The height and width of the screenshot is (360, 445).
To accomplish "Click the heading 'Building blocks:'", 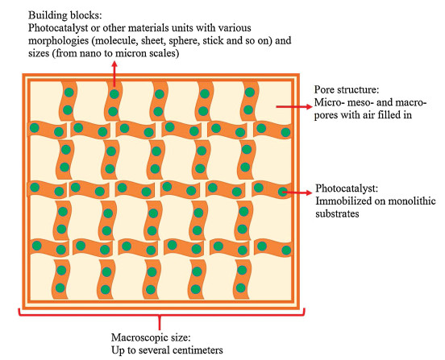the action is click(65, 15).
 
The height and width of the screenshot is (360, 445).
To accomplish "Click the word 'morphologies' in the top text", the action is click(59, 40).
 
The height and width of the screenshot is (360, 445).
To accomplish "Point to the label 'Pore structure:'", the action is click(346, 89).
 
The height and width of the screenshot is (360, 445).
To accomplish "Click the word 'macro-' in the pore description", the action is click(410, 102).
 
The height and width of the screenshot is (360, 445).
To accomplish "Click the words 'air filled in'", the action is click(386, 115).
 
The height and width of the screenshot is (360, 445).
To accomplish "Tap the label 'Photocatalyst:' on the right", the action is click(347, 188).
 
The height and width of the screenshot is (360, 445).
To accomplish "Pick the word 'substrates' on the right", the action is click(337, 213).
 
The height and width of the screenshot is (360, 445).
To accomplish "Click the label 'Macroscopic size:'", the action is click(151, 337).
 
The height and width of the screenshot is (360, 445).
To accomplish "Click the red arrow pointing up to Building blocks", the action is click(114, 74).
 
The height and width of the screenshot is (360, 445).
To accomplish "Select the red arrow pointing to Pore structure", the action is click(294, 106).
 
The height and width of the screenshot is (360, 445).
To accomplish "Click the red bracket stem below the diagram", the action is click(160, 323).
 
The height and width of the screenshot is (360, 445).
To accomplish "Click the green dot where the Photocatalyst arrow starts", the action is click(283, 192).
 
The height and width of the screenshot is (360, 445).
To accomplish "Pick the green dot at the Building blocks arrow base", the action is click(114, 94).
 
